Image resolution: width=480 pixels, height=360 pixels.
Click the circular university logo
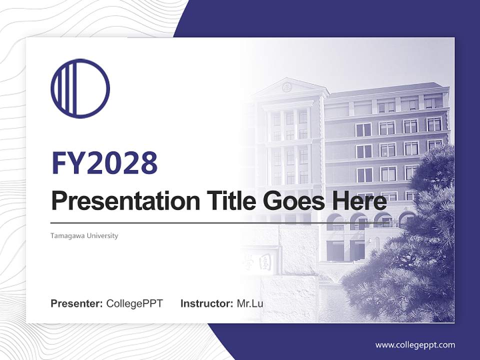pyautogui.click(x=80, y=88)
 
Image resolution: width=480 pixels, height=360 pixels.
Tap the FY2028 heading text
pyautogui.click(x=104, y=162)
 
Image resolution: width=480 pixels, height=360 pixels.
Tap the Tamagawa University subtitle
pyautogui.click(x=84, y=235)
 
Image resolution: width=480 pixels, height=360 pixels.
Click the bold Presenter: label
pyautogui.click(x=77, y=303)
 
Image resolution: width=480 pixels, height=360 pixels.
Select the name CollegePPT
pyautogui.click(x=134, y=303)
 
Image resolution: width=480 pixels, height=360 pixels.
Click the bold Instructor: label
pyautogui.click(x=206, y=303)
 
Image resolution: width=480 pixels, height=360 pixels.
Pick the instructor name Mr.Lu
pyautogui.click(x=250, y=303)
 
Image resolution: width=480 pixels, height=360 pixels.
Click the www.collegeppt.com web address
pyautogui.click(x=415, y=344)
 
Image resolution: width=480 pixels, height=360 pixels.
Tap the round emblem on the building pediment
pyautogui.click(x=286, y=87)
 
